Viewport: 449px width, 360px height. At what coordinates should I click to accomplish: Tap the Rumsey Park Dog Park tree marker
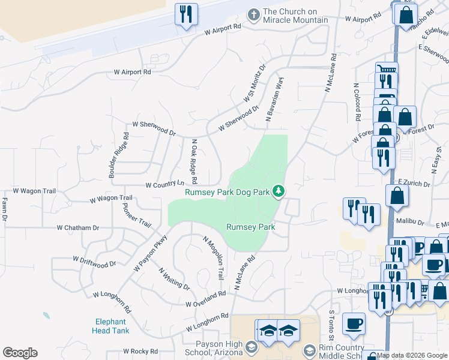(279, 191)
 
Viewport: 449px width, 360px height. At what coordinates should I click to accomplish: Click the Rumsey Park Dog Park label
(227, 193)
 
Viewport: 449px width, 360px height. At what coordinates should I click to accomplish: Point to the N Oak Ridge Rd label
(194, 162)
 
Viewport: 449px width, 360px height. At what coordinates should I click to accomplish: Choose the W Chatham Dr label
(77, 228)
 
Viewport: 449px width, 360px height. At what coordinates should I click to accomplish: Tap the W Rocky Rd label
(143, 351)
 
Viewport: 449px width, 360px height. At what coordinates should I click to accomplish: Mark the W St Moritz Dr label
(254, 85)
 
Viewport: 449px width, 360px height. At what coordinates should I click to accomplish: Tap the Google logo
(20, 353)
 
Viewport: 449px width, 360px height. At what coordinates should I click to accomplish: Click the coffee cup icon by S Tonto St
(354, 324)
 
